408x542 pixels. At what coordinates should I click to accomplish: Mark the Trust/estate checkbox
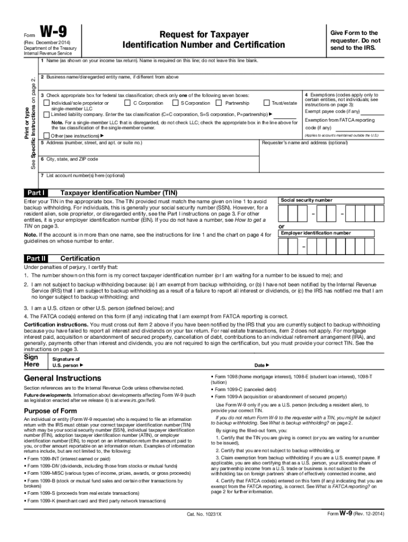[266, 103]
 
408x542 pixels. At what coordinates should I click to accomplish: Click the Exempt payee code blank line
[372, 113]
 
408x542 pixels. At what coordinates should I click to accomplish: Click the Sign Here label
[32, 360]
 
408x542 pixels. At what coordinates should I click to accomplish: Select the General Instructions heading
[63, 378]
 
